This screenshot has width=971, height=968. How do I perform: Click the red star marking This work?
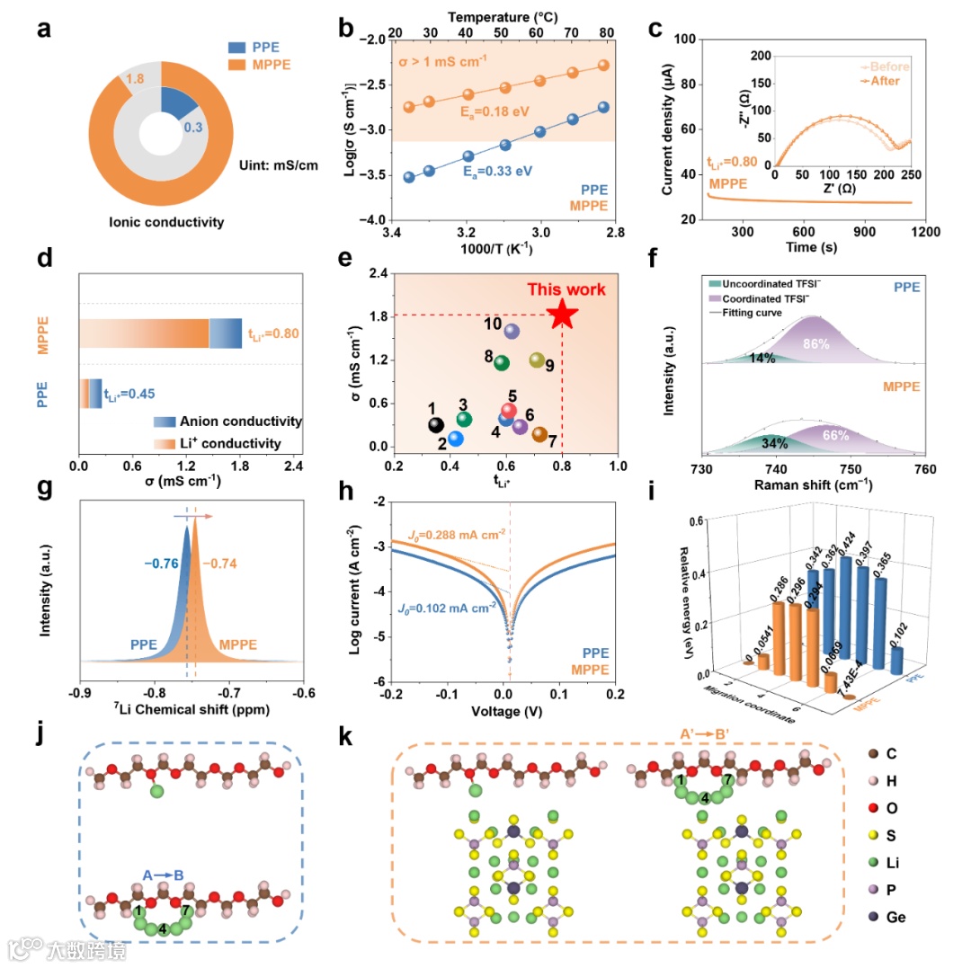(x=562, y=314)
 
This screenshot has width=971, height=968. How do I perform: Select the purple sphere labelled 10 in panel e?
(x=512, y=331)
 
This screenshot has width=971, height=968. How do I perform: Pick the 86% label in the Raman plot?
(x=815, y=344)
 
